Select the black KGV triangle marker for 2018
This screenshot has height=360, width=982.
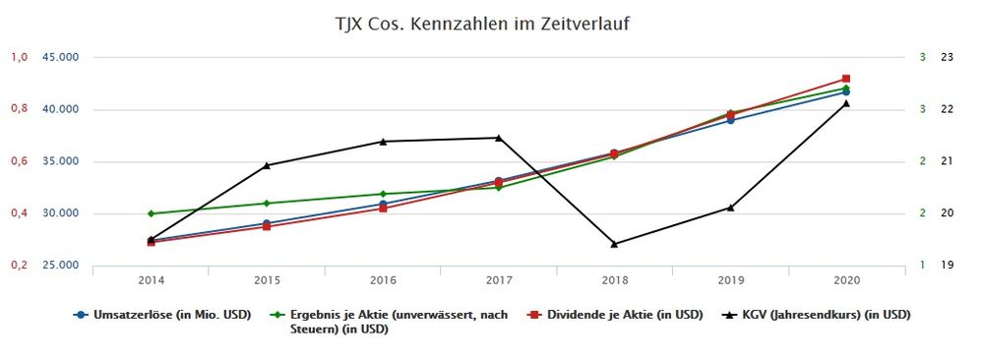click(x=614, y=243)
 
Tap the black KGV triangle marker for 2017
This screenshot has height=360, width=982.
click(x=498, y=138)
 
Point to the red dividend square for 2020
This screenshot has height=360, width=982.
click(x=846, y=79)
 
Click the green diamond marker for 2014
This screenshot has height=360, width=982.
click(x=151, y=213)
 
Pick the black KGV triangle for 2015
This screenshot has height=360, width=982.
click(x=267, y=165)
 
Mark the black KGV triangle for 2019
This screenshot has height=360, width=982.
click(x=730, y=208)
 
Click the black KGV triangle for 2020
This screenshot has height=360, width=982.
click(x=846, y=103)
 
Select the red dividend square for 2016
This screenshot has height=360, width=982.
click(x=383, y=208)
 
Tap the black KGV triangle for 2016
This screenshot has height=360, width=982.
click(x=383, y=142)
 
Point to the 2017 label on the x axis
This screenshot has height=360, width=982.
click(x=498, y=280)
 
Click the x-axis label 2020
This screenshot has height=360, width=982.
click(x=846, y=280)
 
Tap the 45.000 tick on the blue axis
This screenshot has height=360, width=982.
click(x=60, y=57)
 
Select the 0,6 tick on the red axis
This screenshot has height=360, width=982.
click(x=19, y=161)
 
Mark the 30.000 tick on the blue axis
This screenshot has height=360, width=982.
click(x=60, y=213)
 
